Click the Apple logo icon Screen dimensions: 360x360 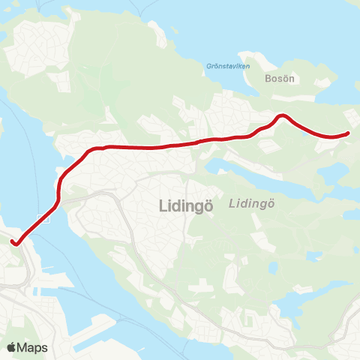pos(12,346)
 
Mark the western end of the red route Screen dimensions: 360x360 pos(13,241)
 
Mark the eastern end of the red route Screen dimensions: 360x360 pos(348,133)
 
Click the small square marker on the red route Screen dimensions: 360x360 pos(46,218)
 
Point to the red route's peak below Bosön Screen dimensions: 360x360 pos(282,115)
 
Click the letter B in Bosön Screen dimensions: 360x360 pos(268,78)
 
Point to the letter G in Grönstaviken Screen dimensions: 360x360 pos(208,66)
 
